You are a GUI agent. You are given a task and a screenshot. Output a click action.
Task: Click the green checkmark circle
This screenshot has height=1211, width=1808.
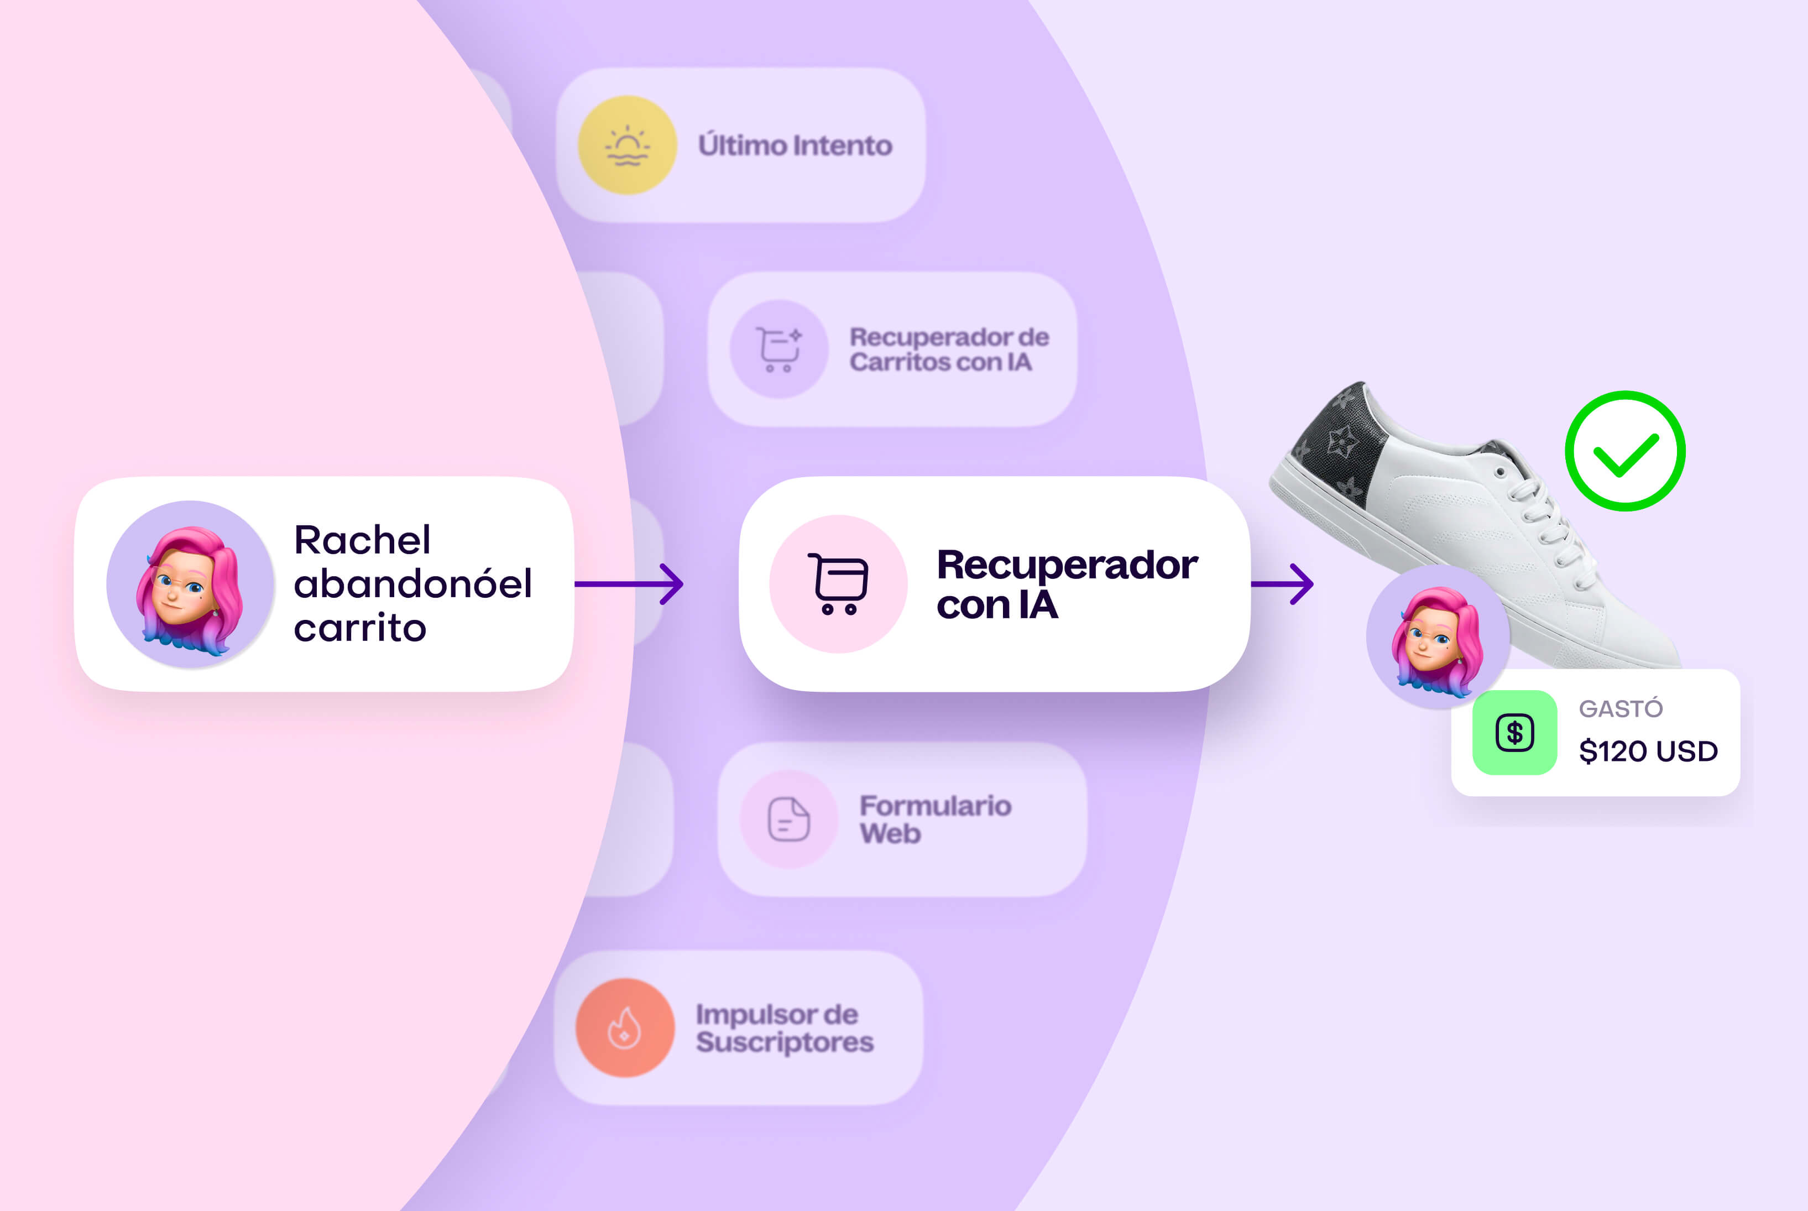[x=1625, y=451]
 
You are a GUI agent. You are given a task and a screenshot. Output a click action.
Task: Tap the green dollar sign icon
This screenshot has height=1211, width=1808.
[x=1514, y=732]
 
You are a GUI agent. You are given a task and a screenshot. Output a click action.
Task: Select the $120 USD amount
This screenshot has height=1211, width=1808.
[x=1648, y=751]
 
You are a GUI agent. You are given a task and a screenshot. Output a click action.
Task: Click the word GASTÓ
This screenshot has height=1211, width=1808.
[x=1621, y=708]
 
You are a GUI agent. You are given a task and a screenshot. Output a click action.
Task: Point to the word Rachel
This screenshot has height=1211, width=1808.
[x=362, y=539]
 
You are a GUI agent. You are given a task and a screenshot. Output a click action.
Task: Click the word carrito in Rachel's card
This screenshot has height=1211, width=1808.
[x=360, y=627]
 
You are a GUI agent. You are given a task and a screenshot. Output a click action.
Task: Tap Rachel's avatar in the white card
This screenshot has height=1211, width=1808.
[x=190, y=584]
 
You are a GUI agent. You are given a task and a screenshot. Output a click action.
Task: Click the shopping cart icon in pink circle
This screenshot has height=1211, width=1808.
[x=838, y=584]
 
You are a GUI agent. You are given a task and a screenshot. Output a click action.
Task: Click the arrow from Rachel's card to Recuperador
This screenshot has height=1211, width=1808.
[x=629, y=584]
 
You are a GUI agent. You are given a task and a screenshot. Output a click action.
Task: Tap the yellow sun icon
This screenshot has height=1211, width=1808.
[x=627, y=145]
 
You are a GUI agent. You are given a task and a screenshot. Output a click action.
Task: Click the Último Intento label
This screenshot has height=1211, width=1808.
[x=795, y=145]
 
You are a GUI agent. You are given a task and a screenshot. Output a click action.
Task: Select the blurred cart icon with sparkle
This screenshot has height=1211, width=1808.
[x=779, y=349]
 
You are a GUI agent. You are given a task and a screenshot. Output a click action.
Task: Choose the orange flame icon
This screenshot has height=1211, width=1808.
[x=625, y=1028]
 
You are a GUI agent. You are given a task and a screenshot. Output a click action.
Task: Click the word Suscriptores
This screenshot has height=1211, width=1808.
[x=785, y=1042]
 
